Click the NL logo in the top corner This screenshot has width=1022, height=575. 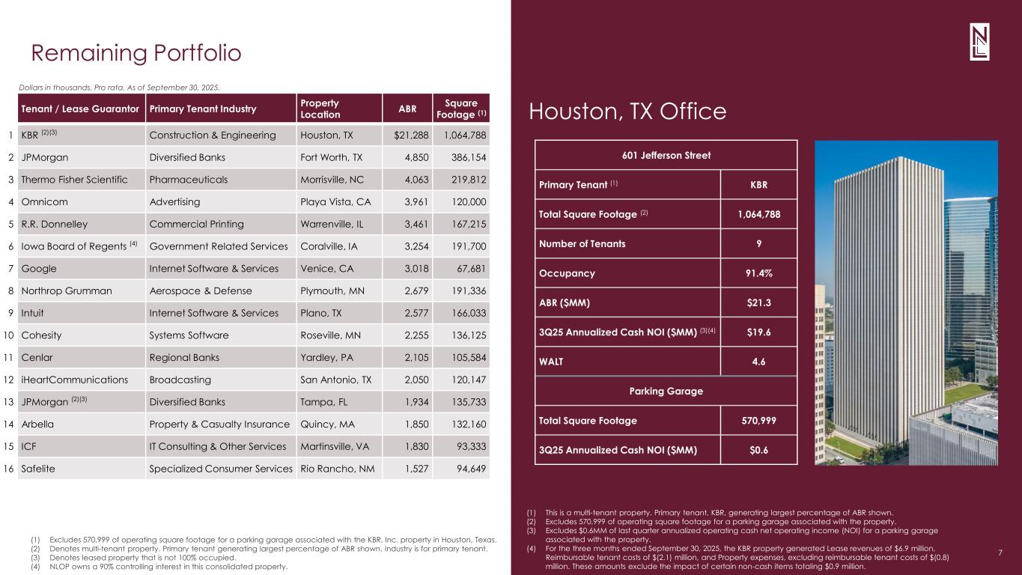point(979,48)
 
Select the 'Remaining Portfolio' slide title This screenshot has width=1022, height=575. point(136,53)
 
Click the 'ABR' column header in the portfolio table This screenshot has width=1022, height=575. point(407,108)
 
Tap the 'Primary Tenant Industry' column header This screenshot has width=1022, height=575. point(203,109)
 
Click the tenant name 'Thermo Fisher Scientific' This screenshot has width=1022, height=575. point(75,180)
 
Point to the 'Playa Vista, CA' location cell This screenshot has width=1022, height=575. point(335,201)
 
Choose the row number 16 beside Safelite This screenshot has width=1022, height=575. point(8,469)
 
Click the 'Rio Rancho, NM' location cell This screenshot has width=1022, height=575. point(337,469)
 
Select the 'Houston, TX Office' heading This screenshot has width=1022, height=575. point(627,112)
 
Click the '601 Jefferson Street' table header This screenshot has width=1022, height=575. point(666,155)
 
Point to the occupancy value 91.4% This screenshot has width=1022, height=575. point(758,273)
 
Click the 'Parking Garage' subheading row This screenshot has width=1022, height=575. point(666,390)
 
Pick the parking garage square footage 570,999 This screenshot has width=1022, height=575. point(758,420)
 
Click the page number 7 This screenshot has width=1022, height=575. point(1001,553)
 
